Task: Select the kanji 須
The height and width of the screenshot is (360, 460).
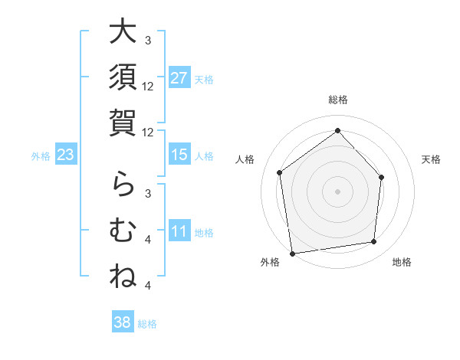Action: pos(123,78)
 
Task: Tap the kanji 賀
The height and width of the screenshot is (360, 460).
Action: pos(123,123)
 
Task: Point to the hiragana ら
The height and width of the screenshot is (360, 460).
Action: pos(123,184)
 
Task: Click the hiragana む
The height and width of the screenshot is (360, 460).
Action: pos(123,229)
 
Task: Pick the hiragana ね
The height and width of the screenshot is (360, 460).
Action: pos(123,275)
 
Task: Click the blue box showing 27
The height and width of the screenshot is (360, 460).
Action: pos(179,79)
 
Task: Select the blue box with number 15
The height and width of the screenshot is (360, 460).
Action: pos(179,155)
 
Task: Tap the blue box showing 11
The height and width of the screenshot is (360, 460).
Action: pos(179,232)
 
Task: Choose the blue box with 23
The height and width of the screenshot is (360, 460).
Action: pos(66,155)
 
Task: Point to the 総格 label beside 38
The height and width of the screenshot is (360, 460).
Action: pos(147,323)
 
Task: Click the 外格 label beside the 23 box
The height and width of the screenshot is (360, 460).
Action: pos(41,156)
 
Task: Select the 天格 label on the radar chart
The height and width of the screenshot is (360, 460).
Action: pos(432,159)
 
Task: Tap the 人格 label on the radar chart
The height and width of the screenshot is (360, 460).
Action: pos(245,159)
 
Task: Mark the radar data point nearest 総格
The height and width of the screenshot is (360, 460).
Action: pos(337,131)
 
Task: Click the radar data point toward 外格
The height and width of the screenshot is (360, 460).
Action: pos(292,253)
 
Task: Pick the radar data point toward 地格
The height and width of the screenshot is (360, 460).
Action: pos(374,242)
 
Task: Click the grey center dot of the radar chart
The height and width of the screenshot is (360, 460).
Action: pos(337,191)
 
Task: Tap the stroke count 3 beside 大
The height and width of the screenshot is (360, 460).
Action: pos(148,40)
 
